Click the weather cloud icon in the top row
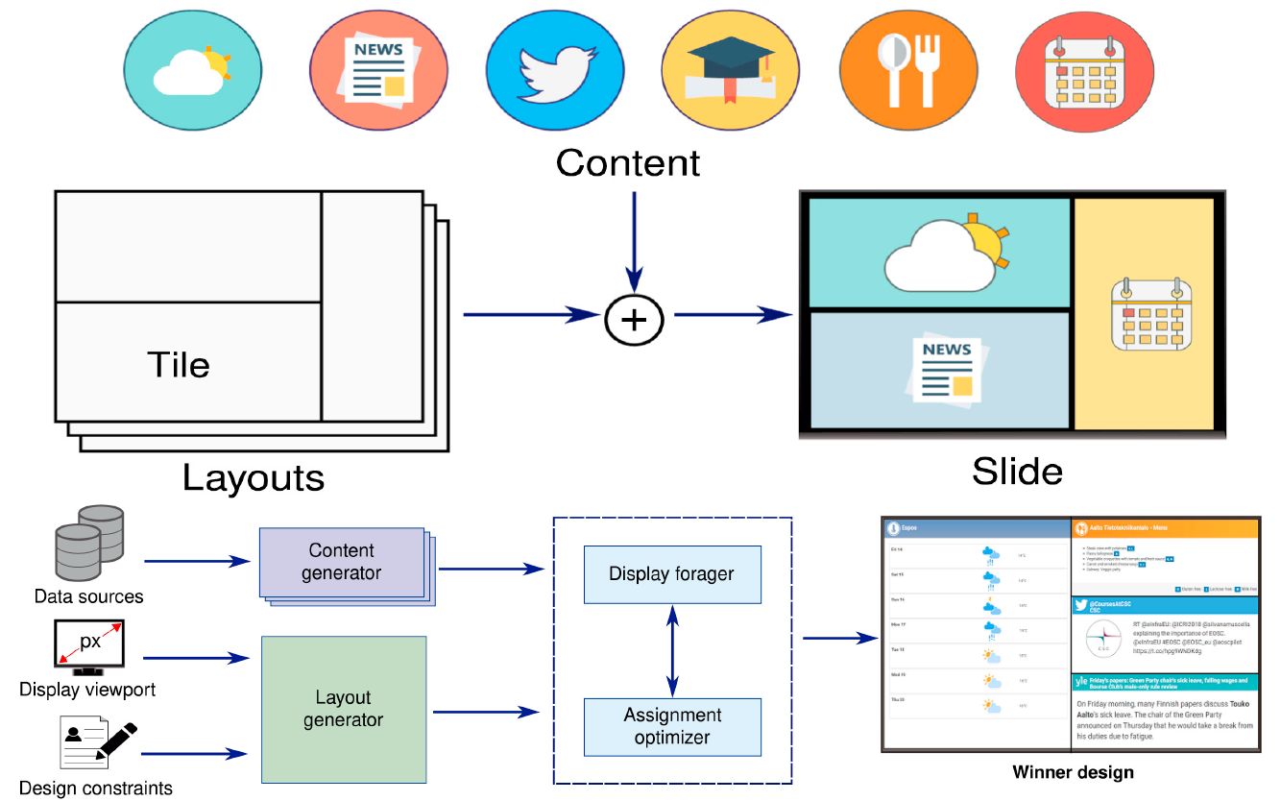[x=193, y=70]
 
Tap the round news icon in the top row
[x=378, y=70]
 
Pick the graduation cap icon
[x=731, y=70]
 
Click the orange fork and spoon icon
[x=908, y=70]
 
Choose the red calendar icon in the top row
[x=1085, y=70]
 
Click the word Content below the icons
[x=628, y=162]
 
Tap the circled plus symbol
[x=634, y=315]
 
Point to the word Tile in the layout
[x=179, y=364]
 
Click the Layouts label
[x=254, y=477]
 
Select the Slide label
[x=1017, y=471]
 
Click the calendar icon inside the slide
[x=1149, y=314]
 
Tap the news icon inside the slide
[x=940, y=370]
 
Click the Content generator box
[x=342, y=563]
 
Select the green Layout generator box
[x=344, y=709]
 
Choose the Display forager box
[x=671, y=574]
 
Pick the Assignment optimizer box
[x=671, y=726]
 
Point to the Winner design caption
[x=1073, y=772]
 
